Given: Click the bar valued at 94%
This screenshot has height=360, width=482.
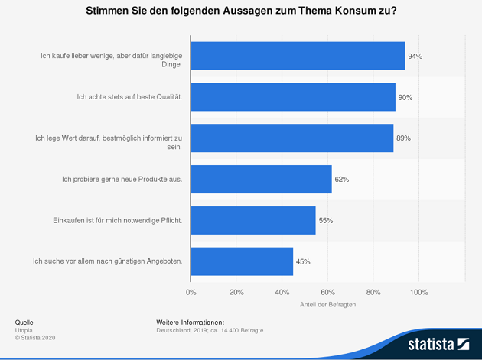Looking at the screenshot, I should tap(298, 56).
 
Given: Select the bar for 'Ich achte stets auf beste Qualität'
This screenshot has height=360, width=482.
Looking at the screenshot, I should tap(293, 97).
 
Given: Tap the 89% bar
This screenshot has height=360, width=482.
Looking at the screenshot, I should tap(291, 138).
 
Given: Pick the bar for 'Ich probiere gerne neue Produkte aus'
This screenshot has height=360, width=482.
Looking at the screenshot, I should tap(261, 179).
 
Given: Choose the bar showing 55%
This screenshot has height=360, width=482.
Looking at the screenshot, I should tap(253, 220).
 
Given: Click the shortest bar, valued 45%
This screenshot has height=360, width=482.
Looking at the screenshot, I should tap(242, 261).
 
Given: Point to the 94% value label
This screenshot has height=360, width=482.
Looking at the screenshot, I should tap(415, 57).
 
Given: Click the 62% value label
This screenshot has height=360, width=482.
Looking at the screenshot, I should tap(342, 180).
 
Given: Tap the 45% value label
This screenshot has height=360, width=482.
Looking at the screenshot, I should tap(303, 262).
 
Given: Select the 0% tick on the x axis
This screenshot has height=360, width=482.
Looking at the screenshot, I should tap(191, 292).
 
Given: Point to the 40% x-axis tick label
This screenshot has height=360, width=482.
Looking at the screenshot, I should tap(282, 292).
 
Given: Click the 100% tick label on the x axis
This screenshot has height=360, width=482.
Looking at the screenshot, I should tap(419, 292).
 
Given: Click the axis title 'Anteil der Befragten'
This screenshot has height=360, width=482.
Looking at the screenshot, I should tap(327, 305).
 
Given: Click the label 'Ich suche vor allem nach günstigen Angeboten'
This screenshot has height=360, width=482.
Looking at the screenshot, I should tap(107, 261).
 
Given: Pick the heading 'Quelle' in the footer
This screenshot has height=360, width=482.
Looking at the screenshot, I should tap(24, 323).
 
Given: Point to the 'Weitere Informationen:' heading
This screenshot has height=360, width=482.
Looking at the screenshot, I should tap(190, 323).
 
